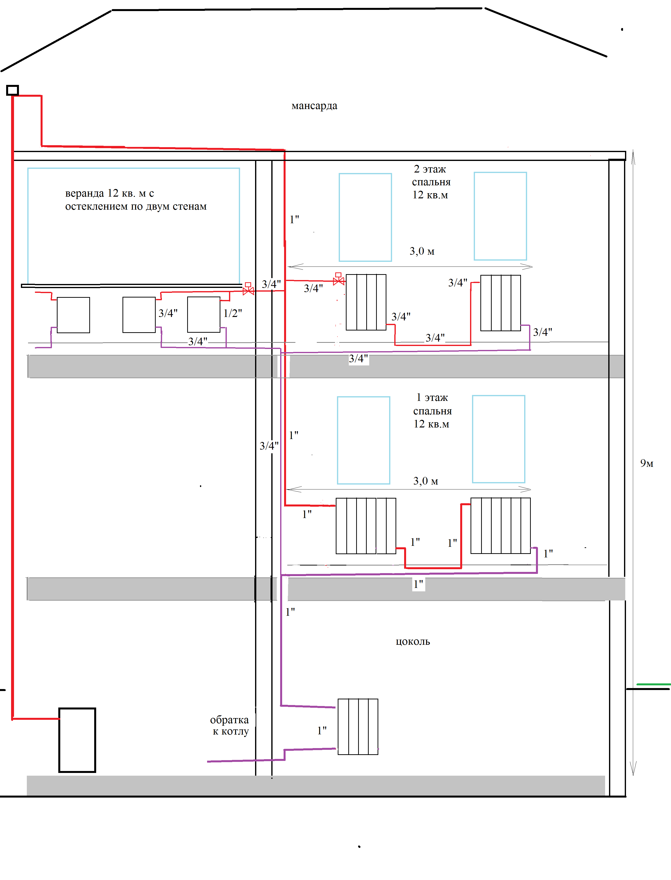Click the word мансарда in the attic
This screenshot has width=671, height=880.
coord(314,106)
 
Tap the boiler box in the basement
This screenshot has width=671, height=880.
coord(77,740)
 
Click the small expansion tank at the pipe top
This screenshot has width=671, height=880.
coord(12,90)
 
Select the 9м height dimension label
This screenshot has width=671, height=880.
coord(647,463)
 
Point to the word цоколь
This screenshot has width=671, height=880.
coord(412,642)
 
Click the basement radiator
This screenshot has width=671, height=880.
coord(358,726)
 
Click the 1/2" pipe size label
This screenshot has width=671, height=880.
coord(232,313)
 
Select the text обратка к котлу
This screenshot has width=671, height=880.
coord(230,725)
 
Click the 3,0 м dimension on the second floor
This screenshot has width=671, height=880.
coord(422,251)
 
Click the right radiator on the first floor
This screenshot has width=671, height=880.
coord(501,526)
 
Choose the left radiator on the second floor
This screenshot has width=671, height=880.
coord(366,302)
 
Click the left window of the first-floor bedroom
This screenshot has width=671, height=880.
coord(364,440)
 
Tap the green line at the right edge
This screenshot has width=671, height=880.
coord(654,684)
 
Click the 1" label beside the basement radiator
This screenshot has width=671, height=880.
coord(322,731)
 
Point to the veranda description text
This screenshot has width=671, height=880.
coord(136,200)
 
